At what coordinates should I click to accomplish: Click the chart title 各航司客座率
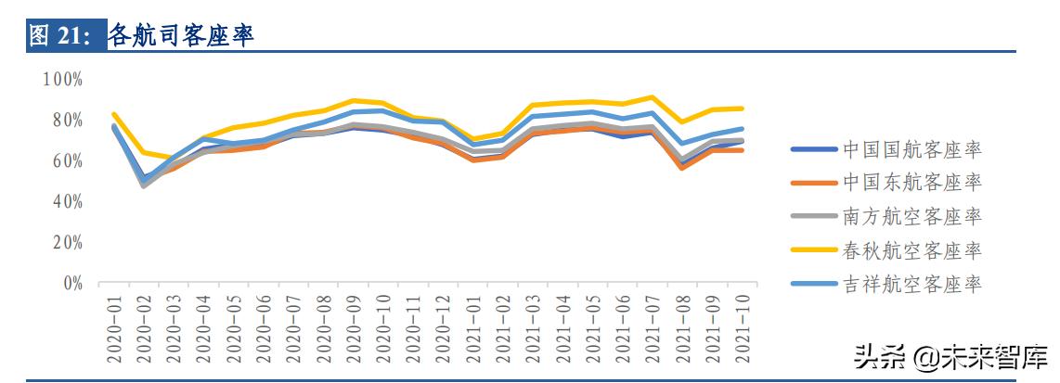(x=181, y=35)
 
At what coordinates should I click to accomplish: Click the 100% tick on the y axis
(x=63, y=79)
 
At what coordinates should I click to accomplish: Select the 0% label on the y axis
(x=72, y=283)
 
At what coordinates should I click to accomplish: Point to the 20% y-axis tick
(x=67, y=242)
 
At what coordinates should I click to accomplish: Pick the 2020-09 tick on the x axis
(x=355, y=325)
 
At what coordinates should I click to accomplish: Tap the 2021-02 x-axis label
(x=504, y=325)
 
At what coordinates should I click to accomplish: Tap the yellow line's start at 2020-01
(x=113, y=114)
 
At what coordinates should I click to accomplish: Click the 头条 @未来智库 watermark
(x=950, y=357)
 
